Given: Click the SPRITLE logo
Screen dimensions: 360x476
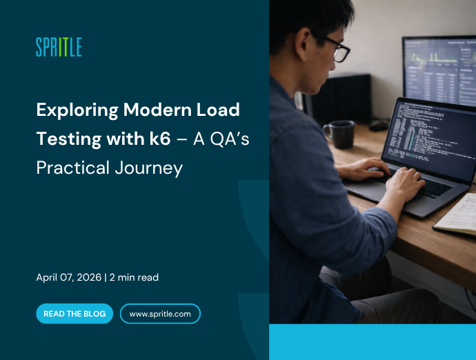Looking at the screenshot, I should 59,47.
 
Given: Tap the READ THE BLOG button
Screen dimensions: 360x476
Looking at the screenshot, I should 75,314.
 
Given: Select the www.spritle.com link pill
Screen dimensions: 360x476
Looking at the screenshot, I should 160,314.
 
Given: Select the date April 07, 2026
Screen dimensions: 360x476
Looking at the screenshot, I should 68,277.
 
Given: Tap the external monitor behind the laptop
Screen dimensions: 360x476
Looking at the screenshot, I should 439,69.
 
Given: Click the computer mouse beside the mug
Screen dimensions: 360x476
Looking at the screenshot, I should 377,126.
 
